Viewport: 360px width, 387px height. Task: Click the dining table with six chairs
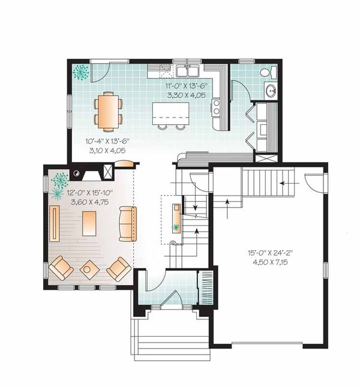coord(108,111)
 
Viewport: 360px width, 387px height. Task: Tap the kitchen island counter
coord(170,112)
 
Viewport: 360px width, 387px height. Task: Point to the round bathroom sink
coord(269,92)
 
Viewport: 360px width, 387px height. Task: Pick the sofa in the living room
coord(127,224)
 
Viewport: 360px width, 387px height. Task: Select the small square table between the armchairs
coord(88,268)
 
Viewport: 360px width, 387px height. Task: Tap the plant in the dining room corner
coord(80,73)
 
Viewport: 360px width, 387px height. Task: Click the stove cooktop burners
coord(216,107)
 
